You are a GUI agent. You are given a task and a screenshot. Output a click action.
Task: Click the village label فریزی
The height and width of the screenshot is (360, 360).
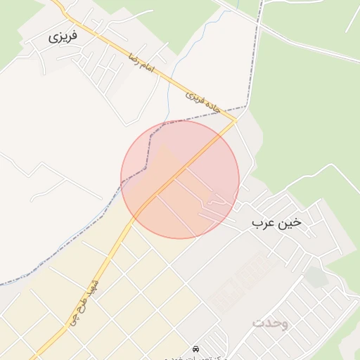tap(63, 37)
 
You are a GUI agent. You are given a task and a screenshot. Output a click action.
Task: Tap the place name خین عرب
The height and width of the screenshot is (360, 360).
tap(276, 223)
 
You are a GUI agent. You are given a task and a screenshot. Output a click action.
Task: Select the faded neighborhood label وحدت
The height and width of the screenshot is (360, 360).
tap(270, 323)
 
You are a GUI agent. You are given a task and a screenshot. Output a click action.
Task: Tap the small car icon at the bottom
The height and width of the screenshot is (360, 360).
tap(195, 349)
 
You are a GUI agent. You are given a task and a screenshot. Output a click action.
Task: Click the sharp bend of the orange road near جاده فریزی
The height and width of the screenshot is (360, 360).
tap(236, 122)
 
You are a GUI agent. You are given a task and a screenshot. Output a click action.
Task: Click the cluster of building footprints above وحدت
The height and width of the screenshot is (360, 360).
tap(239, 281)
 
